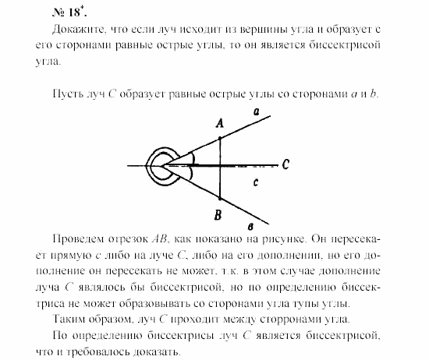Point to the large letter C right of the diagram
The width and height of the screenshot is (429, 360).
coord(286,164)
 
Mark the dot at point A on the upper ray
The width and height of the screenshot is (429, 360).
coord(220,138)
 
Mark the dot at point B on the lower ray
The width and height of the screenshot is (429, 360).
coord(220,196)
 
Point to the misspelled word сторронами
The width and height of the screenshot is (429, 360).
coord(268,319)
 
